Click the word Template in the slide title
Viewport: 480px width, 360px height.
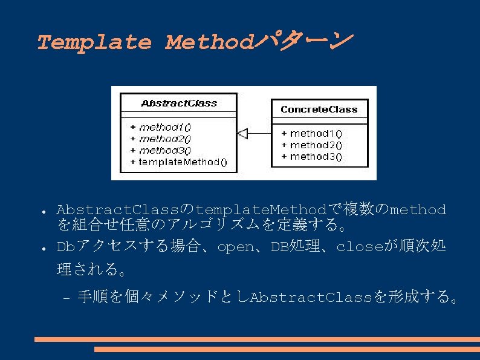(94, 42)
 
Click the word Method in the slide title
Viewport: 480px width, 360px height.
(208, 42)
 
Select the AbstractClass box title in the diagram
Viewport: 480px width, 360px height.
(178, 103)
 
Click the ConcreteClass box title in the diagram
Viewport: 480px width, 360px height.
(319, 110)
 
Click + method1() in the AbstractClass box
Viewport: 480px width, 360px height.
(160, 127)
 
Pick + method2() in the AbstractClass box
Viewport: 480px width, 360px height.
(160, 139)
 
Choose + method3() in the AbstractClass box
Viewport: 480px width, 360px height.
(160, 150)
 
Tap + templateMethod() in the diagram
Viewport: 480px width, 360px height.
(178, 162)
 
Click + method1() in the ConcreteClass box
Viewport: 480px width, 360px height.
(312, 133)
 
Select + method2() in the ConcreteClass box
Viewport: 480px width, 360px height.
(312, 145)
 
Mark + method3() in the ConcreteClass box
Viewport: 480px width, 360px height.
(312, 156)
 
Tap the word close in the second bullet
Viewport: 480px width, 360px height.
(357, 247)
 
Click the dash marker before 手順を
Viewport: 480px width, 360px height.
(66, 298)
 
